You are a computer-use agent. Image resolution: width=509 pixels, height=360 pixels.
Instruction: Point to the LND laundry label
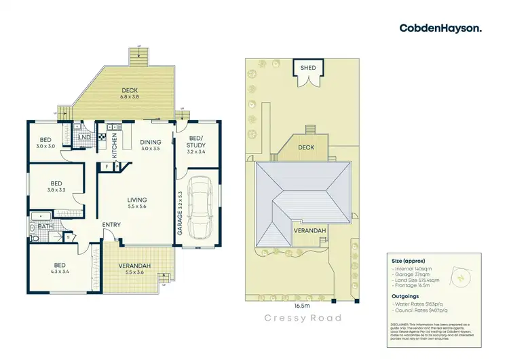tap(85, 139)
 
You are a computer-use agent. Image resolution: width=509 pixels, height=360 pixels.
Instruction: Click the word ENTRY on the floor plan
tap(112, 225)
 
